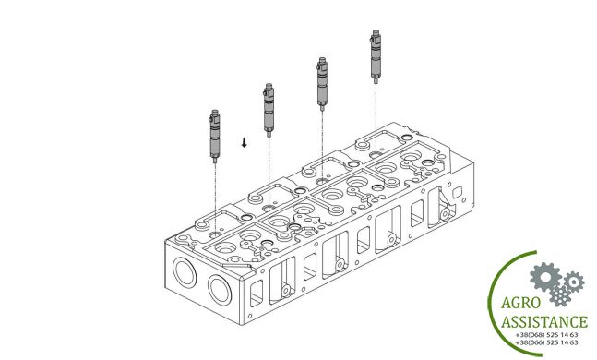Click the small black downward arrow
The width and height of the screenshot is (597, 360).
click(244, 142)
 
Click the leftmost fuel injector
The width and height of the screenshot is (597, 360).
click(215, 136)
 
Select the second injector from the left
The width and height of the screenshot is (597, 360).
click(269, 110)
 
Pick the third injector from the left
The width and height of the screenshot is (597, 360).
click(322, 84)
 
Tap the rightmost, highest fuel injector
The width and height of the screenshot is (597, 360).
click(376, 56)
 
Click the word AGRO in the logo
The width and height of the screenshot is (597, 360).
click(520, 303)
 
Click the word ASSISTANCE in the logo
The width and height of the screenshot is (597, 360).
click(544, 322)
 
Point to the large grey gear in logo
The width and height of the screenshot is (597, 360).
click(545, 277)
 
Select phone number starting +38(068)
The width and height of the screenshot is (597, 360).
click(546, 335)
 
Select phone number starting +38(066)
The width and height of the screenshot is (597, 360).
click(546, 342)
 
